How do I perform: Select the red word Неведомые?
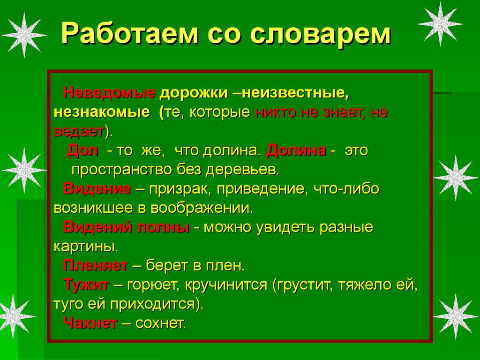[109, 92]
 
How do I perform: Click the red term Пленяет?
[96, 266]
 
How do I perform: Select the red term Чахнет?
[90, 323]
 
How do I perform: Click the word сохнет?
[161, 323]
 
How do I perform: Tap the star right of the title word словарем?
[440, 23]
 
